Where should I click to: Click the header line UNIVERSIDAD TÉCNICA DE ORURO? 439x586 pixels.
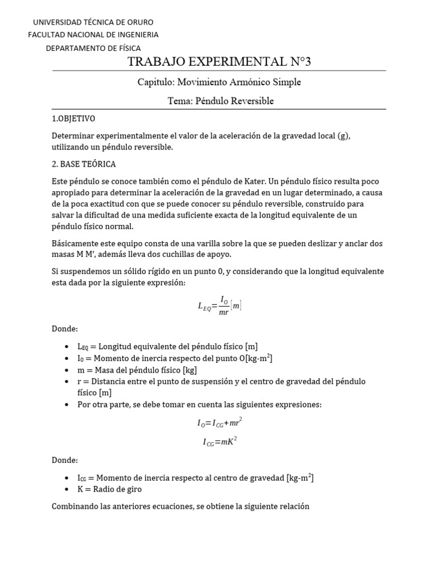coord(93,22)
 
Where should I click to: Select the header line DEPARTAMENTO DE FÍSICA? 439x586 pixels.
coord(93,48)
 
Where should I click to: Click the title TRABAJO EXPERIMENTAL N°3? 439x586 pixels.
coord(219,62)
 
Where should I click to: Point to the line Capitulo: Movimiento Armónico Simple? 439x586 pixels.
coord(219,82)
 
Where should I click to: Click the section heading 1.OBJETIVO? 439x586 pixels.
coord(73,118)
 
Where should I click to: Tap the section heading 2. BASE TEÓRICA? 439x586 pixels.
coord(83,164)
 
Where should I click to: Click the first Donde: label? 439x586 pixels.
coord(65,329)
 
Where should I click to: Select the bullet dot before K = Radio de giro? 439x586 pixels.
coord(66,489)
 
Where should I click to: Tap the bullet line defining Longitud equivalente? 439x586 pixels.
coord(167,346)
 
